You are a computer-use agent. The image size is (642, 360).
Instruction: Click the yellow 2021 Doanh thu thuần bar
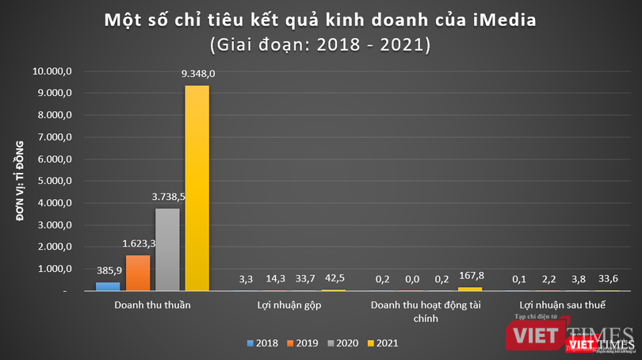(197, 189)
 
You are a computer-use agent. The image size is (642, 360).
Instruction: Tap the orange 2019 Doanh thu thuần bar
(137, 273)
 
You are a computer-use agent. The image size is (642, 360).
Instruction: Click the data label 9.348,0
(198, 74)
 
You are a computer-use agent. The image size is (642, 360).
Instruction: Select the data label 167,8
(469, 277)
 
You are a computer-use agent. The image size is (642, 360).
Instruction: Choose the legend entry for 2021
(382, 343)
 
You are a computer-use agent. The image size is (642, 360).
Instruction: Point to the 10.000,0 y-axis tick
(52, 71)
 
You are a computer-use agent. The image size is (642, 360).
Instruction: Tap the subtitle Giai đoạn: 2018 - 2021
(320, 44)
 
